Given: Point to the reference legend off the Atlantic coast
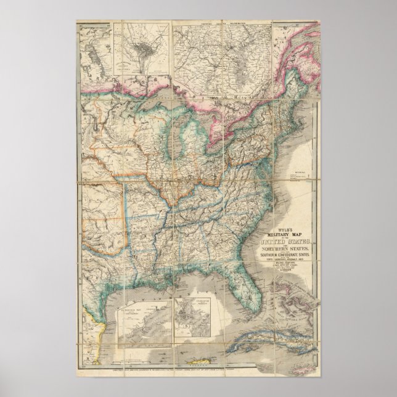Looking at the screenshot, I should click(298, 170).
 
